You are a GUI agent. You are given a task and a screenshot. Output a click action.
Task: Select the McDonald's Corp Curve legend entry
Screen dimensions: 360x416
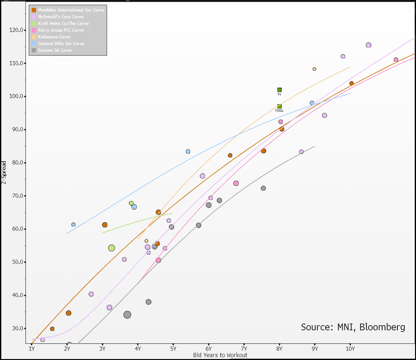pos(61,17)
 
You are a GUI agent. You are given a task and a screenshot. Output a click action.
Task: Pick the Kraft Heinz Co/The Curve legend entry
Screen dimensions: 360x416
pos(63,23)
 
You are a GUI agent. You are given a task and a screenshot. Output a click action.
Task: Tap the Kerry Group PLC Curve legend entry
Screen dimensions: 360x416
pos(61,30)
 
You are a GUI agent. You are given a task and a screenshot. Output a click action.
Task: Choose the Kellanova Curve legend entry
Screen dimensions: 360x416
pos(54,37)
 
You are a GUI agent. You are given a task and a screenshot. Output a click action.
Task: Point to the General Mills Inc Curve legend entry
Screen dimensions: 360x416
pos(61,43)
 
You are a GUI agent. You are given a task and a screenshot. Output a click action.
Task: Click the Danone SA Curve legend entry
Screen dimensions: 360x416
pos(55,50)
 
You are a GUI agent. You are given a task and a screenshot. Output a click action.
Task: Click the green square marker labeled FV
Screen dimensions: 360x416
pos(279,90)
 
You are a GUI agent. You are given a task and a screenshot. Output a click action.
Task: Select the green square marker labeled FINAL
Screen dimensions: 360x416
pos(279,107)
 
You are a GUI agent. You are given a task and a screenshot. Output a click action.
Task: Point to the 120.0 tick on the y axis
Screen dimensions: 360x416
pos(16,30)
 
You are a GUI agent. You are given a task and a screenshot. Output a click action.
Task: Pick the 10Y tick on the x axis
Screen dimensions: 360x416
pos(350,349)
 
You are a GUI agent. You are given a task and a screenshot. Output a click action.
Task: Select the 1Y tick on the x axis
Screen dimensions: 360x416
pos(32,349)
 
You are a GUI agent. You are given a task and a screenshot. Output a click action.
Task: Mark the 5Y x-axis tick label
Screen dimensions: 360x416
pos(173,349)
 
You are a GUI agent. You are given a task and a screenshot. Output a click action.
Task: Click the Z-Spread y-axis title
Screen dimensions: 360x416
pos(4,172)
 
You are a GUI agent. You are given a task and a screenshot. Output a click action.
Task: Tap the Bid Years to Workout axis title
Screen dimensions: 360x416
pos(220,355)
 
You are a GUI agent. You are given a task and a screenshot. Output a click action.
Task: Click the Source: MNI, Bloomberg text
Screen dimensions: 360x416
pos(353,327)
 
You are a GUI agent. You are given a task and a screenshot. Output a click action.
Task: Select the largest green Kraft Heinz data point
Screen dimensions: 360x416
pos(112,248)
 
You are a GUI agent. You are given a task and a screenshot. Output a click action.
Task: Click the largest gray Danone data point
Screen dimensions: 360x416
pos(127,315)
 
